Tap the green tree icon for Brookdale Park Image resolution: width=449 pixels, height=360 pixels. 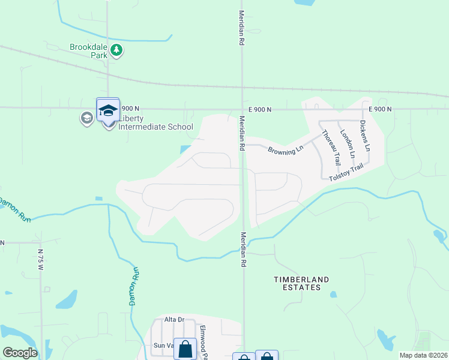(x=116, y=51)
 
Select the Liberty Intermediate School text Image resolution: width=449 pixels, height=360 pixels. (x=156, y=122)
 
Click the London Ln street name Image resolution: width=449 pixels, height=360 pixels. (x=347, y=144)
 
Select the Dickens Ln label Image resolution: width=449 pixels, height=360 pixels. (x=364, y=136)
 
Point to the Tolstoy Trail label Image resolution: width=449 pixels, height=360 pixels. (x=346, y=172)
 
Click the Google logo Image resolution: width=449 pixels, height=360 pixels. (x=20, y=353)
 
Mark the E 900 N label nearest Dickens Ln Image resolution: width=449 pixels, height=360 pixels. (x=380, y=109)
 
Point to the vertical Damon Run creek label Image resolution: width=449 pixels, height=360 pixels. (x=135, y=287)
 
